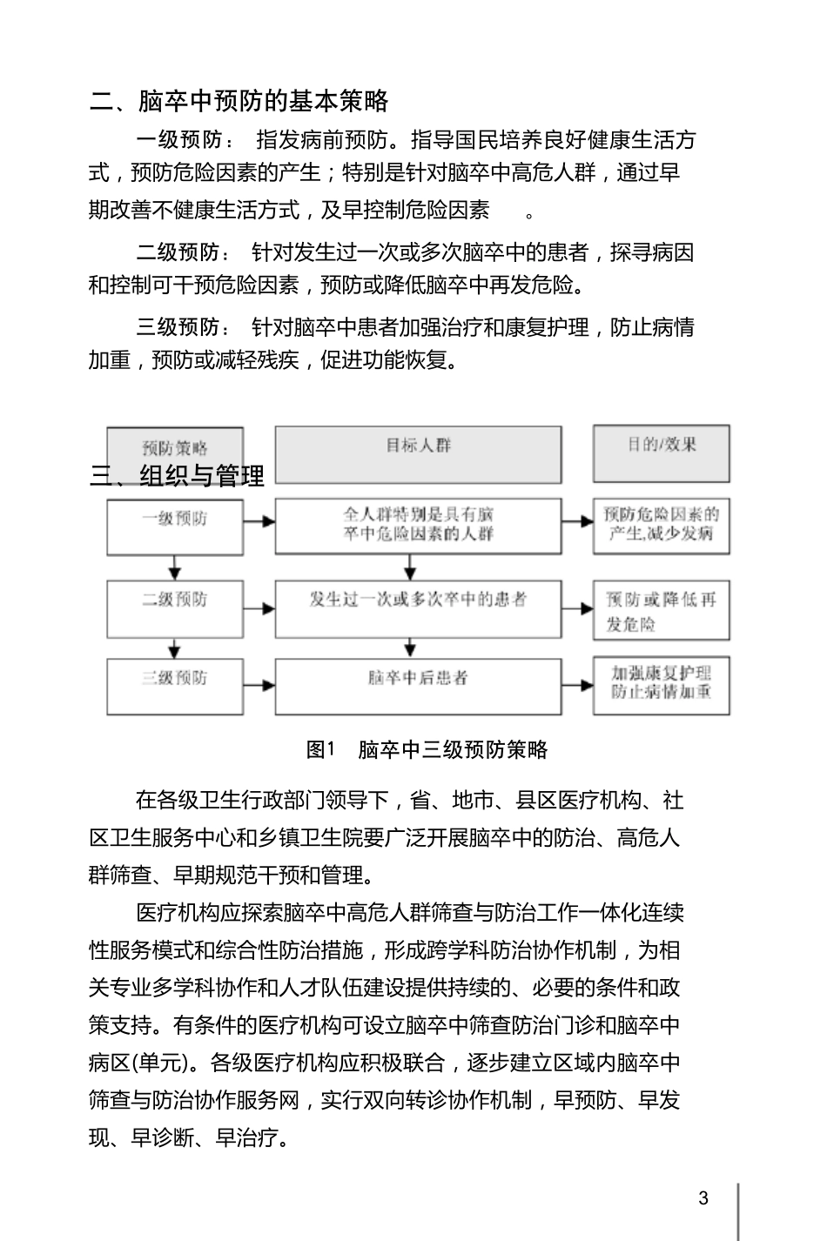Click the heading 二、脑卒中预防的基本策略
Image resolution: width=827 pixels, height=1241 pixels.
point(239,101)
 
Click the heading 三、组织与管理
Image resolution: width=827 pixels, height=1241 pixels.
point(178,475)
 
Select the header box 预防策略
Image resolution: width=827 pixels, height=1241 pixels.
point(175,450)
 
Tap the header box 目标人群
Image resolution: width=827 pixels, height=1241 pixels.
point(418,453)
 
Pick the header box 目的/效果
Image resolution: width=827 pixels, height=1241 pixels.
point(662,453)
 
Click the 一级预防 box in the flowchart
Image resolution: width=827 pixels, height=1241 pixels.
point(175,526)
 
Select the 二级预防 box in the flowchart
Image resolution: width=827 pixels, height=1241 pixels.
point(175,608)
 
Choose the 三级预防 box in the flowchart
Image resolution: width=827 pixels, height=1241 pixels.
point(175,687)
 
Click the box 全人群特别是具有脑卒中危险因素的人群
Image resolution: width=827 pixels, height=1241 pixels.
point(418,526)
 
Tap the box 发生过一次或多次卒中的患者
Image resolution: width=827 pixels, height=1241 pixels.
point(418,608)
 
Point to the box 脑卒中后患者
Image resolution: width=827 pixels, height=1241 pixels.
point(418,687)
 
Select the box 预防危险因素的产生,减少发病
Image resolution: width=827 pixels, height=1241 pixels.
point(662,526)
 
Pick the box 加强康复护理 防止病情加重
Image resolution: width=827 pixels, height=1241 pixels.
point(662,687)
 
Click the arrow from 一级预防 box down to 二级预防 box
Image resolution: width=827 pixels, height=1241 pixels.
point(175,567)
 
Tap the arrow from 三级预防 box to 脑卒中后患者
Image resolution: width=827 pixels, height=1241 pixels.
point(259,687)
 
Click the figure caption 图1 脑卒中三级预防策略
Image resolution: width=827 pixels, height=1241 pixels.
point(427,749)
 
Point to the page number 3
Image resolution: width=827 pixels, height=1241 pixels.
point(703,1197)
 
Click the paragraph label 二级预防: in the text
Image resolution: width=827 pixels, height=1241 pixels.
point(184,252)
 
